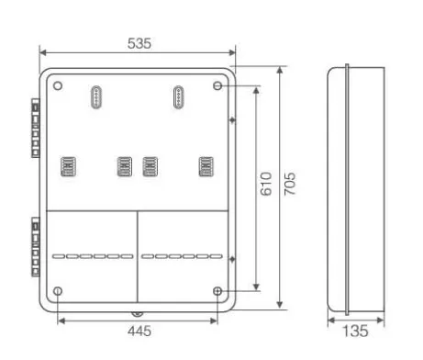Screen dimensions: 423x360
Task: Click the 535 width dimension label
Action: click(x=139, y=43)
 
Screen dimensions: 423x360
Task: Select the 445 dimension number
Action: click(x=139, y=331)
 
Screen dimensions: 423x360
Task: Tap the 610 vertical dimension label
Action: click(x=266, y=184)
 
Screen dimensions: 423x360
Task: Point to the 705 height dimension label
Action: click(x=290, y=184)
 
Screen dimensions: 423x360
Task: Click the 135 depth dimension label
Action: click(x=355, y=331)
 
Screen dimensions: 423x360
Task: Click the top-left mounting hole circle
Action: click(x=58, y=85)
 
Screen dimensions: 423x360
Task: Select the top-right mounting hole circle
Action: click(x=217, y=85)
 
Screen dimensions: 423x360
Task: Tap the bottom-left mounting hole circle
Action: click(x=58, y=291)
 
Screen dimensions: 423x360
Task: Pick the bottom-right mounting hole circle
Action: click(x=217, y=291)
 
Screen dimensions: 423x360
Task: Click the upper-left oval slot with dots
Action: click(x=96, y=97)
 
